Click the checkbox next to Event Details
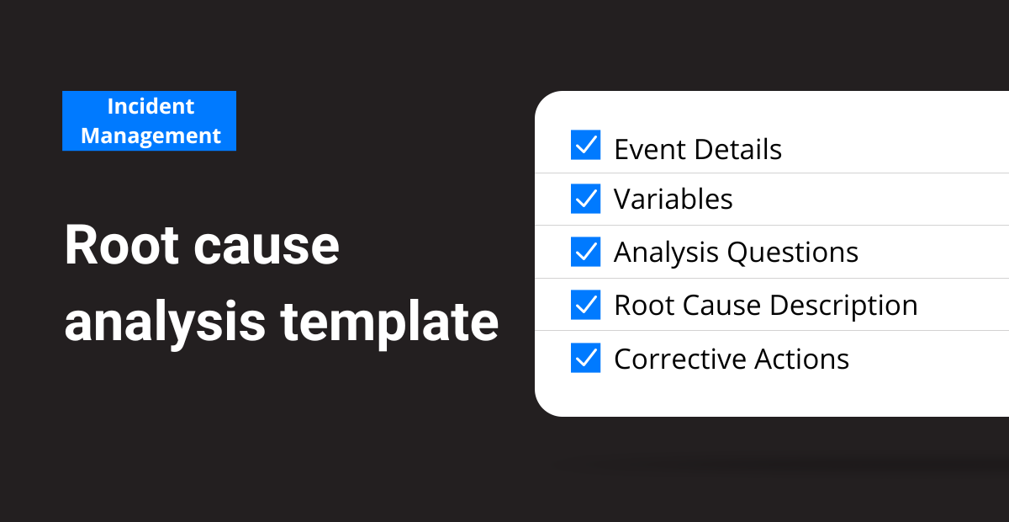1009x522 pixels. tap(585, 145)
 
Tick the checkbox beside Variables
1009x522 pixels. tap(585, 199)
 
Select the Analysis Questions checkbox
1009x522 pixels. tap(585, 252)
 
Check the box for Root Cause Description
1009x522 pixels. tap(585, 305)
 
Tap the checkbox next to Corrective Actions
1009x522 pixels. tap(585, 358)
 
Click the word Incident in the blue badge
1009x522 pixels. tap(151, 106)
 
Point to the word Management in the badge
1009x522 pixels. tap(151, 136)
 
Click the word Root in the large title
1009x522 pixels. tap(122, 245)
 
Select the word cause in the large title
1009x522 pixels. tap(267, 248)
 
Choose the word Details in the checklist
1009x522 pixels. tap(738, 149)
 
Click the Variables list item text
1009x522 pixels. tap(673, 199)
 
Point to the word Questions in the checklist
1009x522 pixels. tap(793, 253)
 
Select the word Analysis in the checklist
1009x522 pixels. tap(666, 253)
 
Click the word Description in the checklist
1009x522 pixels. tap(843, 306)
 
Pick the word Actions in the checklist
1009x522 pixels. tap(801, 360)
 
